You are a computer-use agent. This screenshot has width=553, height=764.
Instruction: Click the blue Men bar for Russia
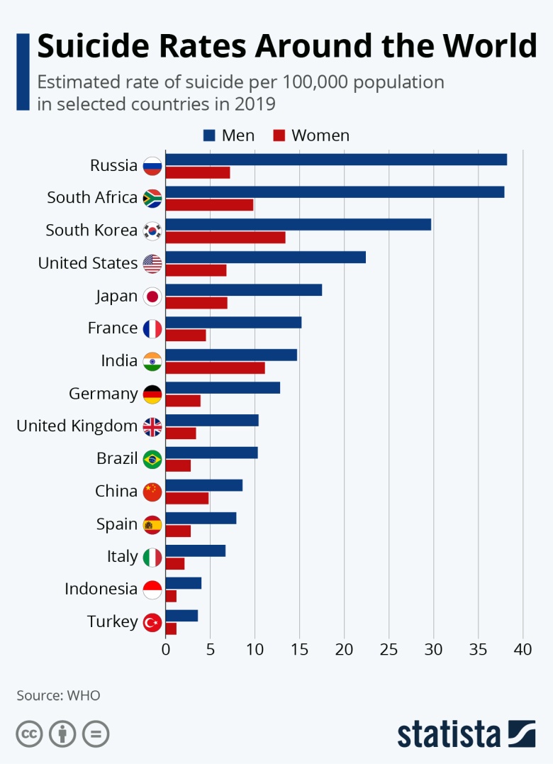[x=336, y=159]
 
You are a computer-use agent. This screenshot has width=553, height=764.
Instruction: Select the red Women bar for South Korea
[x=225, y=238]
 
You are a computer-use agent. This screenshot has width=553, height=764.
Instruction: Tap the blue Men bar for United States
[x=265, y=257]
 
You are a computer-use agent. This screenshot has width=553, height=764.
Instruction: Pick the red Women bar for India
[x=215, y=367]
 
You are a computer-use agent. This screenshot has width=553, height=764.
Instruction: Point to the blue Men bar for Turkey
[x=181, y=616]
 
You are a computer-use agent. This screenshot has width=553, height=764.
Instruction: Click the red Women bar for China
[x=187, y=498]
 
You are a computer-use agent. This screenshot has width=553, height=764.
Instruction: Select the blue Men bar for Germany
[x=223, y=387]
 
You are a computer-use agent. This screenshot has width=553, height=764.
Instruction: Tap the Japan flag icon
[x=152, y=297]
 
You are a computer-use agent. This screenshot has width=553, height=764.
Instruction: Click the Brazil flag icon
[x=152, y=460]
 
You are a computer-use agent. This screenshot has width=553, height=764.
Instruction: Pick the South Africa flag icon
[x=152, y=199]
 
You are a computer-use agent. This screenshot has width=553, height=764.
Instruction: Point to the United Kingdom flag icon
[x=152, y=427]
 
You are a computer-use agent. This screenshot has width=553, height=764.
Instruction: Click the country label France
[x=113, y=328]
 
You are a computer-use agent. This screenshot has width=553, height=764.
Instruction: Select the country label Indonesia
[x=101, y=589]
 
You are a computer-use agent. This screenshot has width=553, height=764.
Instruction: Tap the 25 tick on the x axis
[x=389, y=649]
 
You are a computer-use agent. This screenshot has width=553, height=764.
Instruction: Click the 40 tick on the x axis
[x=523, y=649]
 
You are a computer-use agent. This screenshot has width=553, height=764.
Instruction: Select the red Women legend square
[x=278, y=135]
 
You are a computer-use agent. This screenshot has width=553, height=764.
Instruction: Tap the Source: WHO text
[x=58, y=695]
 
